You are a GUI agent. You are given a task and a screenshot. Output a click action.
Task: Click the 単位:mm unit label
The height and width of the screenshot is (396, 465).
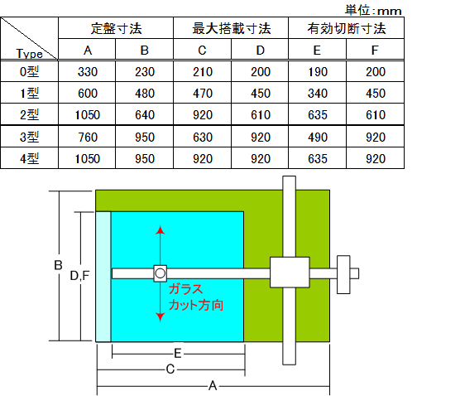click(x=373, y=11)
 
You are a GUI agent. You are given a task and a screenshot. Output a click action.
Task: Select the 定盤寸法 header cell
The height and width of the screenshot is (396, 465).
click(x=116, y=28)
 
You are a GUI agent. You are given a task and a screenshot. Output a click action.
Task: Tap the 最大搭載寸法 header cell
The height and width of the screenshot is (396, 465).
click(x=232, y=28)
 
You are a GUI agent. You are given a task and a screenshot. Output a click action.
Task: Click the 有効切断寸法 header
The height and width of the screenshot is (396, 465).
click(x=347, y=28)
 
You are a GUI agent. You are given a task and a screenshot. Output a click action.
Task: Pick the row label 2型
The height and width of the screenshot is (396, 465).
click(x=29, y=114)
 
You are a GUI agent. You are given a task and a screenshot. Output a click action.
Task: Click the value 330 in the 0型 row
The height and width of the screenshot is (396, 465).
click(x=88, y=72)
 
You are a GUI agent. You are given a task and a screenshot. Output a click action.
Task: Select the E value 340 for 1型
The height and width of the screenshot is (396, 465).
click(x=318, y=94)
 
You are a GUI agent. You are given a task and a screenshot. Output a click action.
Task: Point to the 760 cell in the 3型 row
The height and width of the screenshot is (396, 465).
click(x=88, y=138)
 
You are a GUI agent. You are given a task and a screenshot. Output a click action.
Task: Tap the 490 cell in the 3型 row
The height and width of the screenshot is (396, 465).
click(x=318, y=138)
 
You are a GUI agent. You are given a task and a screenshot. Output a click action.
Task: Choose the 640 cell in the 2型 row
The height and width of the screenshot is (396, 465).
click(x=145, y=115)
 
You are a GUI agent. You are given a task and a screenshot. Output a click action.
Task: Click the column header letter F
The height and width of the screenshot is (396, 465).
click(x=375, y=51)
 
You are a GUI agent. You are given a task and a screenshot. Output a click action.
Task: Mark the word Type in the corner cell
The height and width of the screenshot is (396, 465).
click(x=29, y=53)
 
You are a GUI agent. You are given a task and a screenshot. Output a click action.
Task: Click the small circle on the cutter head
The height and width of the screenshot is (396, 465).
click(x=161, y=273)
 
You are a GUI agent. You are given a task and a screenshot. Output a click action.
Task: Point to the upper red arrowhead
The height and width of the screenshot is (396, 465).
click(x=161, y=229)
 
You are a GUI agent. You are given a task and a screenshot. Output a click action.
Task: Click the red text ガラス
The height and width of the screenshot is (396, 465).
click(x=185, y=289)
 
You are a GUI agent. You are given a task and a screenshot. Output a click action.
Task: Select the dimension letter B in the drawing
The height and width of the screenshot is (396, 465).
click(x=58, y=265)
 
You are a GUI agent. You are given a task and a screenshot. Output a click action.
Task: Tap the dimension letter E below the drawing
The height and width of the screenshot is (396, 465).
click(x=177, y=354)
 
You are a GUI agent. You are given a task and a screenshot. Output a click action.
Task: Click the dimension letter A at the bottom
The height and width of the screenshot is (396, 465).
click(x=213, y=386)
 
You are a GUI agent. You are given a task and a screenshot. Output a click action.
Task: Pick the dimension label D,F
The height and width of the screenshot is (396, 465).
click(x=79, y=276)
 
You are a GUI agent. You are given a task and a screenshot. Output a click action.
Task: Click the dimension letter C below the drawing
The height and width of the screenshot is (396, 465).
click(x=170, y=369)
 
